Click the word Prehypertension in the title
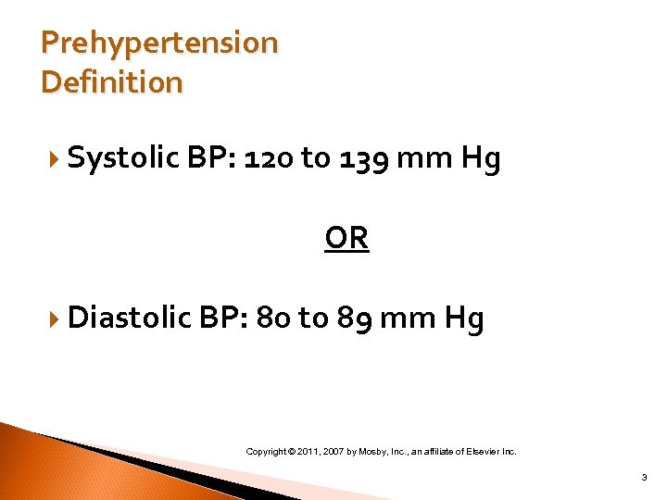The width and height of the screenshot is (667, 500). click(x=159, y=44)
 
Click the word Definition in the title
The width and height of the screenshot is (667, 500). click(x=112, y=82)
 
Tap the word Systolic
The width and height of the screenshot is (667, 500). click(x=123, y=159)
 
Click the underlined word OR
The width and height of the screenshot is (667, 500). click(x=346, y=239)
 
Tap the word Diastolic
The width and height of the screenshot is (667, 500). click(x=131, y=319)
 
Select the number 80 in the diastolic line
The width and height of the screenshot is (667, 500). click(x=274, y=319)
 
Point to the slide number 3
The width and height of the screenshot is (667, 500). click(x=643, y=478)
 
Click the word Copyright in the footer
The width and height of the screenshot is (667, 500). click(x=265, y=452)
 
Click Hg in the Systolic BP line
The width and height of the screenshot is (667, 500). click(x=481, y=159)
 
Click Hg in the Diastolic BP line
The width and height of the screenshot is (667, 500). click(x=464, y=319)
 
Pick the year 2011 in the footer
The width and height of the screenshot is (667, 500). click(x=310, y=452)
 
